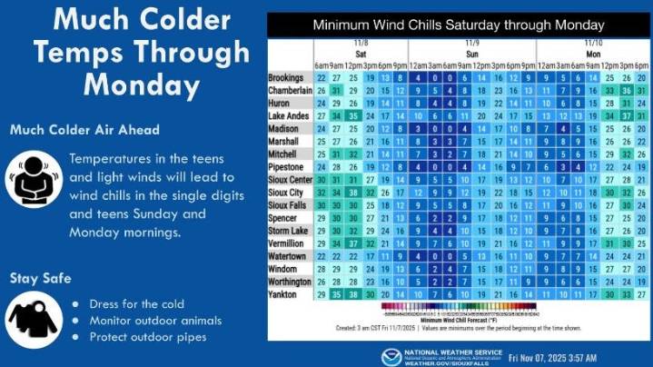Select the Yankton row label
pyautogui.click(x=284, y=294)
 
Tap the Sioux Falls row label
pyautogui.click(x=289, y=205)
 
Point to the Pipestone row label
pyautogui.click(x=286, y=167)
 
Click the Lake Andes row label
pyautogui.click(x=290, y=116)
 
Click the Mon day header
pyautogui.click(x=592, y=54)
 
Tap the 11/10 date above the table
pyautogui.click(x=592, y=42)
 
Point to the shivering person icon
pyautogui.click(x=35, y=174)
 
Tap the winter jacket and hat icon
pyautogui.click(x=34, y=317)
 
